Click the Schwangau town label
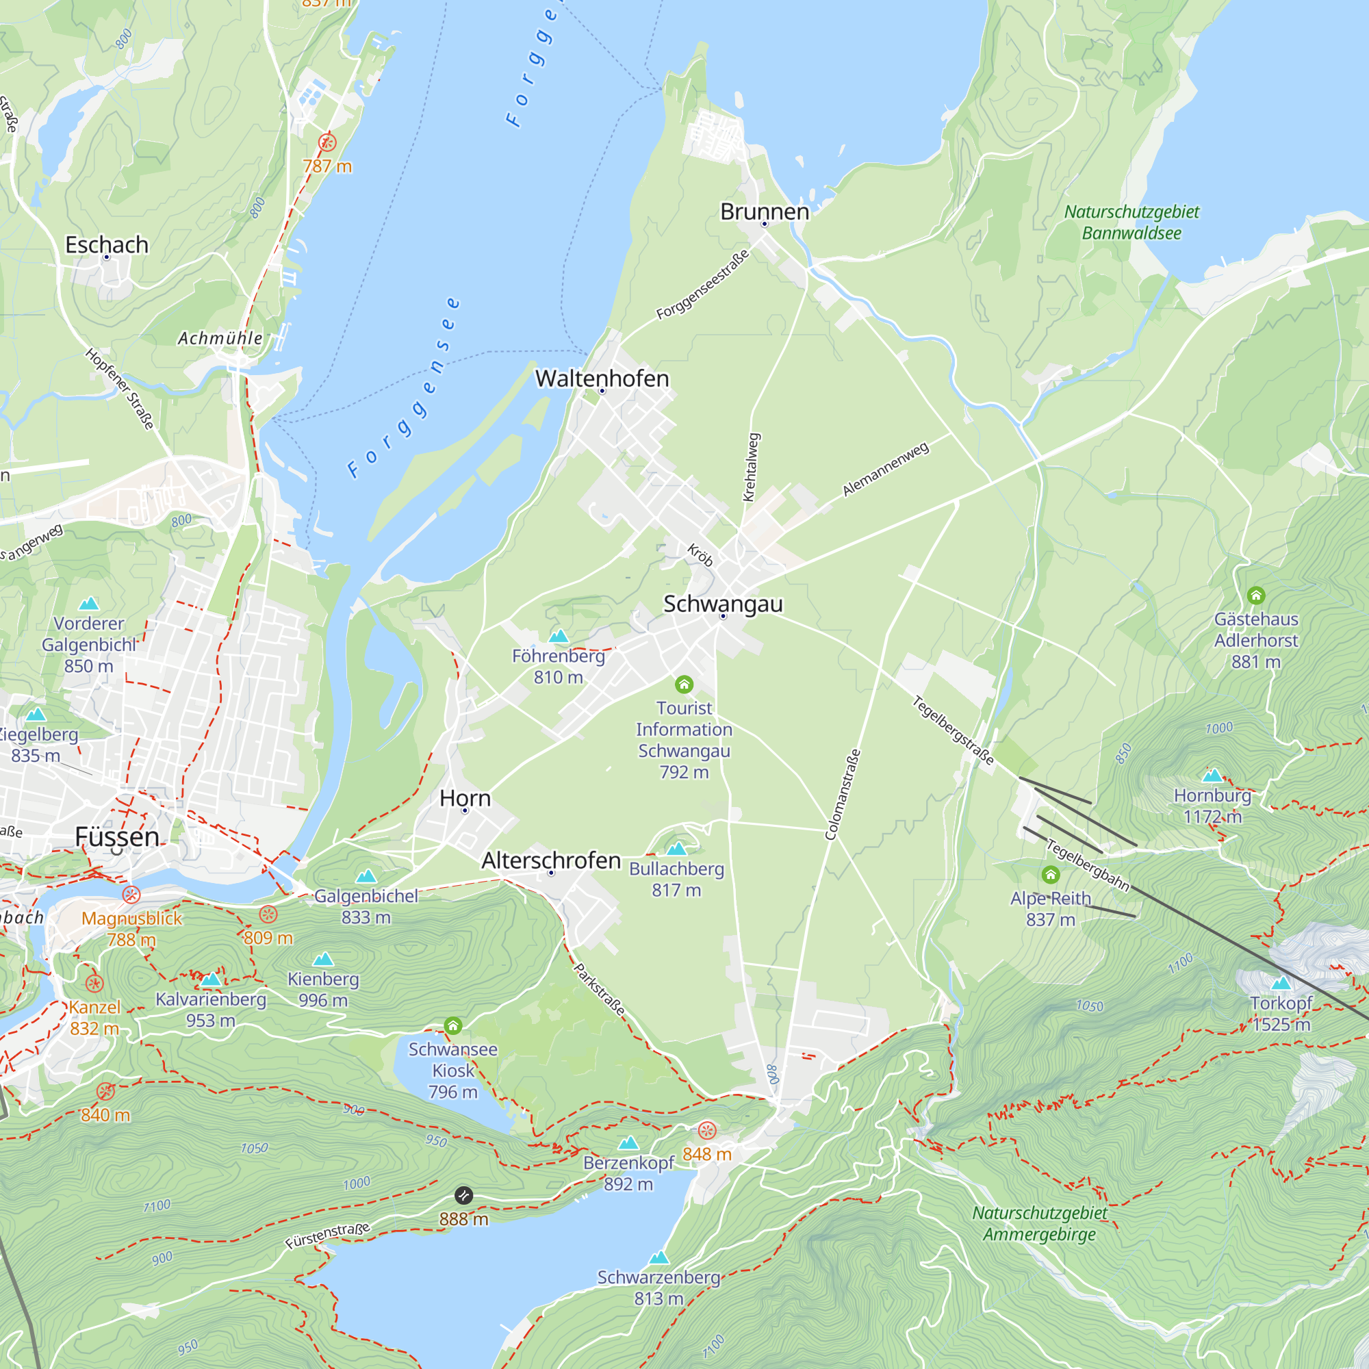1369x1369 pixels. pyautogui.click(x=723, y=604)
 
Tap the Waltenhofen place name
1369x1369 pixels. pyautogui.click(x=602, y=379)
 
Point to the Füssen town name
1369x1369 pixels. pyautogui.click(x=117, y=837)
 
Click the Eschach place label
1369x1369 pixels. pyautogui.click(x=107, y=244)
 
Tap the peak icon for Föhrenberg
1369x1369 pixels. pyautogui.click(x=559, y=637)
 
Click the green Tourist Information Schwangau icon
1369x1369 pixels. pyautogui.click(x=684, y=684)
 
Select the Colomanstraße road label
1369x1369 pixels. pyautogui.click(x=843, y=795)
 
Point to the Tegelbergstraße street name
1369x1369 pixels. pyautogui.click(x=953, y=730)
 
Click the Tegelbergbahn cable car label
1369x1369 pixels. pyautogui.click(x=1088, y=865)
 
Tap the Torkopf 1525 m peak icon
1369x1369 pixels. pyautogui.click(x=1281, y=983)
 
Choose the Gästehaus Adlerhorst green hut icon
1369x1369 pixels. pyautogui.click(x=1256, y=596)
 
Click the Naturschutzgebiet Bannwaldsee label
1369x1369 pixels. pyautogui.click(x=1131, y=222)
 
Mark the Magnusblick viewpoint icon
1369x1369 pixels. pyautogui.click(x=131, y=894)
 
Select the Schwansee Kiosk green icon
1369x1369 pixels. pyautogui.click(x=452, y=1025)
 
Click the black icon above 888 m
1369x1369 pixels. pyautogui.click(x=463, y=1195)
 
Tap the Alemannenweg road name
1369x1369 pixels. pyautogui.click(x=885, y=469)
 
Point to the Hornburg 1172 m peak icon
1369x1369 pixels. pyautogui.click(x=1212, y=776)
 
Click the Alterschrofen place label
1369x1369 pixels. pyautogui.click(x=550, y=860)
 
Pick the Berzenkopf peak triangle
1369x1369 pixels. pyautogui.click(x=628, y=1143)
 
